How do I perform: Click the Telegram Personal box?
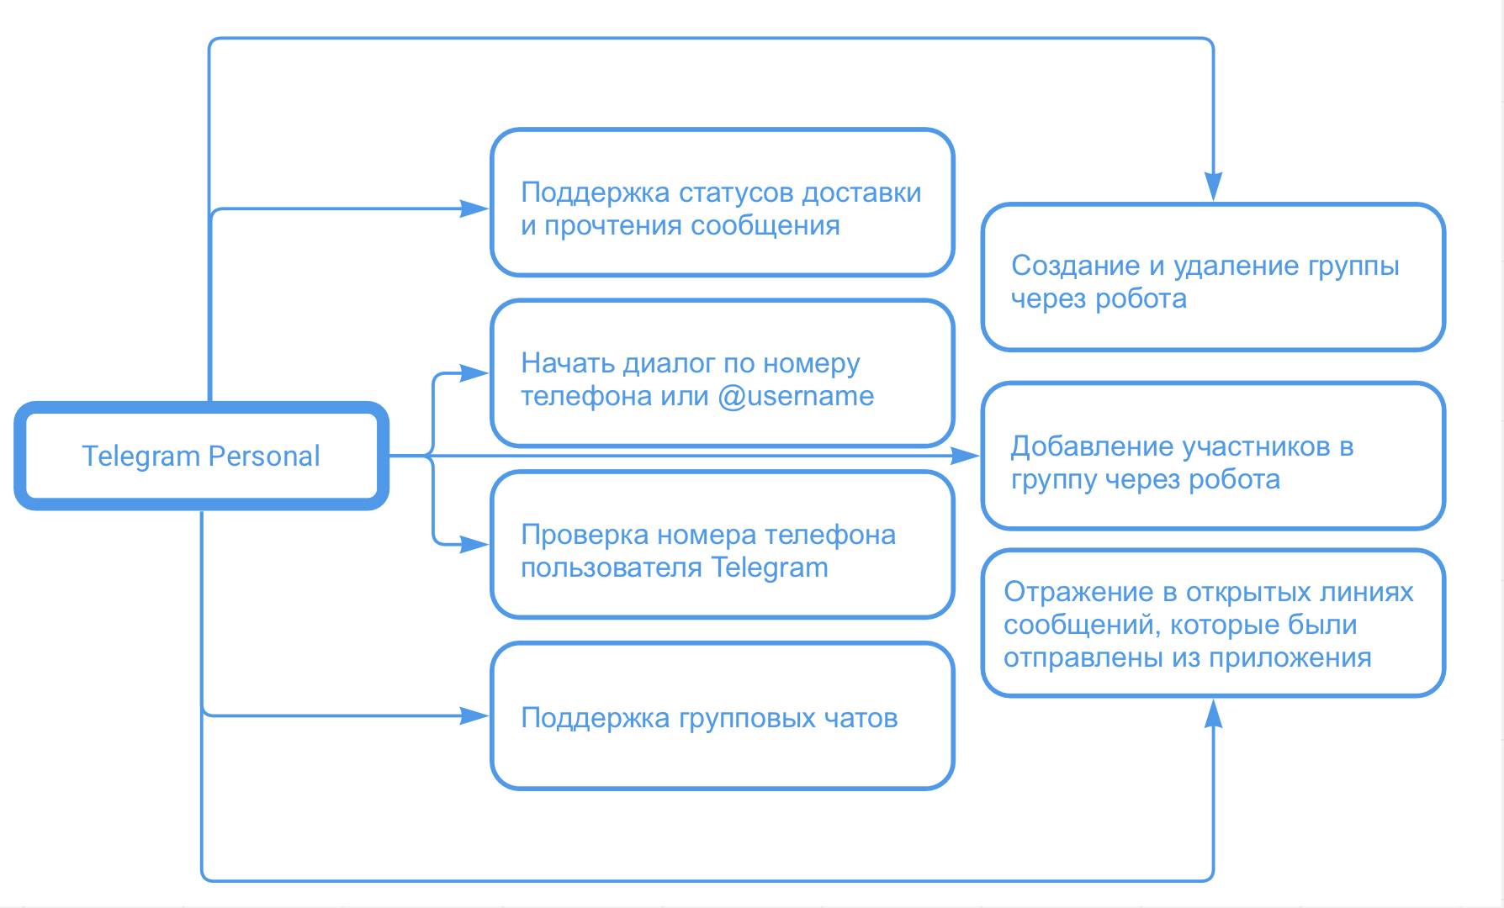click(201, 456)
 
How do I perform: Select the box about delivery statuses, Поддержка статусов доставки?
click(722, 203)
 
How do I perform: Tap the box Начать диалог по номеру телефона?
click(722, 373)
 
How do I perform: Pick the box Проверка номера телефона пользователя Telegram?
click(722, 545)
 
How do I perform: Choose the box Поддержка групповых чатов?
click(722, 716)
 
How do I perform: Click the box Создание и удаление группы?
click(1213, 277)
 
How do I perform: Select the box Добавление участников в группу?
click(1213, 457)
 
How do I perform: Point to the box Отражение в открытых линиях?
click(1213, 624)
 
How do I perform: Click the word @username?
click(796, 396)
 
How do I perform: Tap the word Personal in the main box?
click(264, 457)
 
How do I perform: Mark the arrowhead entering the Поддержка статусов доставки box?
click(475, 208)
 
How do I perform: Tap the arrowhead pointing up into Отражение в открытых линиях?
click(1213, 713)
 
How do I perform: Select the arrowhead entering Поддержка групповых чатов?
click(475, 716)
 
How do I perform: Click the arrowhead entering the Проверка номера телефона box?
click(475, 545)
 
